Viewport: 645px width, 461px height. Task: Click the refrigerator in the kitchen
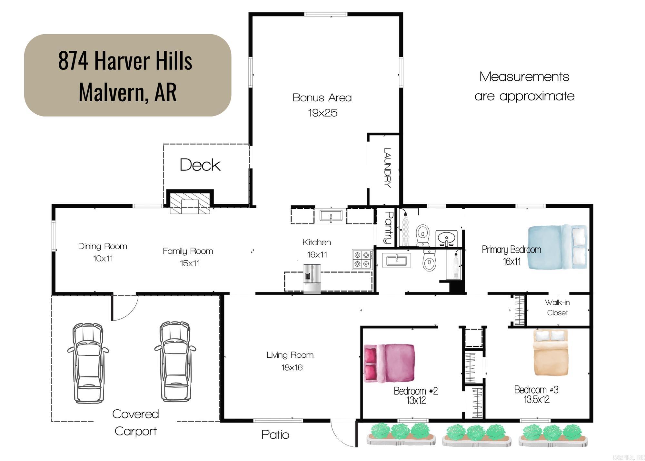click(x=312, y=279)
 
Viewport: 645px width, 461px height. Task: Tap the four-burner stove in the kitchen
click(x=362, y=260)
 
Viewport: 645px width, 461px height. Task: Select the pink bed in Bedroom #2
click(x=389, y=363)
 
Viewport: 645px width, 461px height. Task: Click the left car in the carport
click(x=88, y=362)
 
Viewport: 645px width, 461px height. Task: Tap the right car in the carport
click(x=175, y=362)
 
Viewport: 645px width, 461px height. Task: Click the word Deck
click(x=200, y=165)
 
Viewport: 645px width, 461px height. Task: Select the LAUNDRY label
click(x=387, y=168)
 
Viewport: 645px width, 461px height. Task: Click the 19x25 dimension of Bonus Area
click(x=322, y=113)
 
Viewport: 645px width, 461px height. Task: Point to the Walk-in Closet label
click(x=557, y=307)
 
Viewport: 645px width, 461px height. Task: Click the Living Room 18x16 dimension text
click(x=292, y=368)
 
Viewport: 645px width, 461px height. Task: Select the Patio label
click(x=275, y=435)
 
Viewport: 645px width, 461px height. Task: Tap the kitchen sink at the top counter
click(x=331, y=216)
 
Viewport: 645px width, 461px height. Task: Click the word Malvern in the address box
click(x=111, y=92)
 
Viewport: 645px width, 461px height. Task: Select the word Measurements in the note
click(x=524, y=77)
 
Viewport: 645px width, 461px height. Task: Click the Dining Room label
click(x=103, y=246)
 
